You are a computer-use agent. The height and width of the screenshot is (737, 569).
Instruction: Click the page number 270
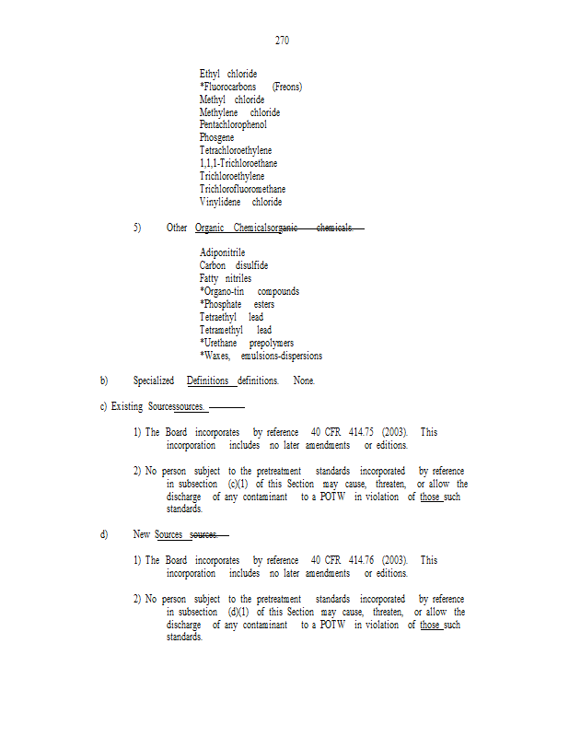[x=283, y=41]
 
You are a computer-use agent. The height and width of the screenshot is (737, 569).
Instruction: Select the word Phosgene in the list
[x=216, y=138]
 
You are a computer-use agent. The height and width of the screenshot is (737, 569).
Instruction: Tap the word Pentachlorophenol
[x=233, y=125]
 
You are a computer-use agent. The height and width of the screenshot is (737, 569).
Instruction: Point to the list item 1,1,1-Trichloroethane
[x=238, y=164]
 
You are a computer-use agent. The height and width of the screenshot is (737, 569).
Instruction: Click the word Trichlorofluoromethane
[x=242, y=190]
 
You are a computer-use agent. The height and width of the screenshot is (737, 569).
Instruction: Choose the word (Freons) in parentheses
[x=287, y=87]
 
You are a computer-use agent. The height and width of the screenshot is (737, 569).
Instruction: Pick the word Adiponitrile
[x=222, y=252]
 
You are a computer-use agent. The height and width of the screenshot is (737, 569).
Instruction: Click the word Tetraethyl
[x=217, y=317]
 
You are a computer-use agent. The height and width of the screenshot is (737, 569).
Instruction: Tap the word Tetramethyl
[x=221, y=330]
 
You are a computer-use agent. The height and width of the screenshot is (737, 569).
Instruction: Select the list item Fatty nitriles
[x=226, y=278]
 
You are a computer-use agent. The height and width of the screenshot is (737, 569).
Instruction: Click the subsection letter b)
[x=104, y=380]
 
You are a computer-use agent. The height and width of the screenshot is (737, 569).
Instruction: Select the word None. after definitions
[x=304, y=380]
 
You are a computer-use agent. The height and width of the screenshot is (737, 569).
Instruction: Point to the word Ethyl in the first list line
[x=210, y=74]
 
